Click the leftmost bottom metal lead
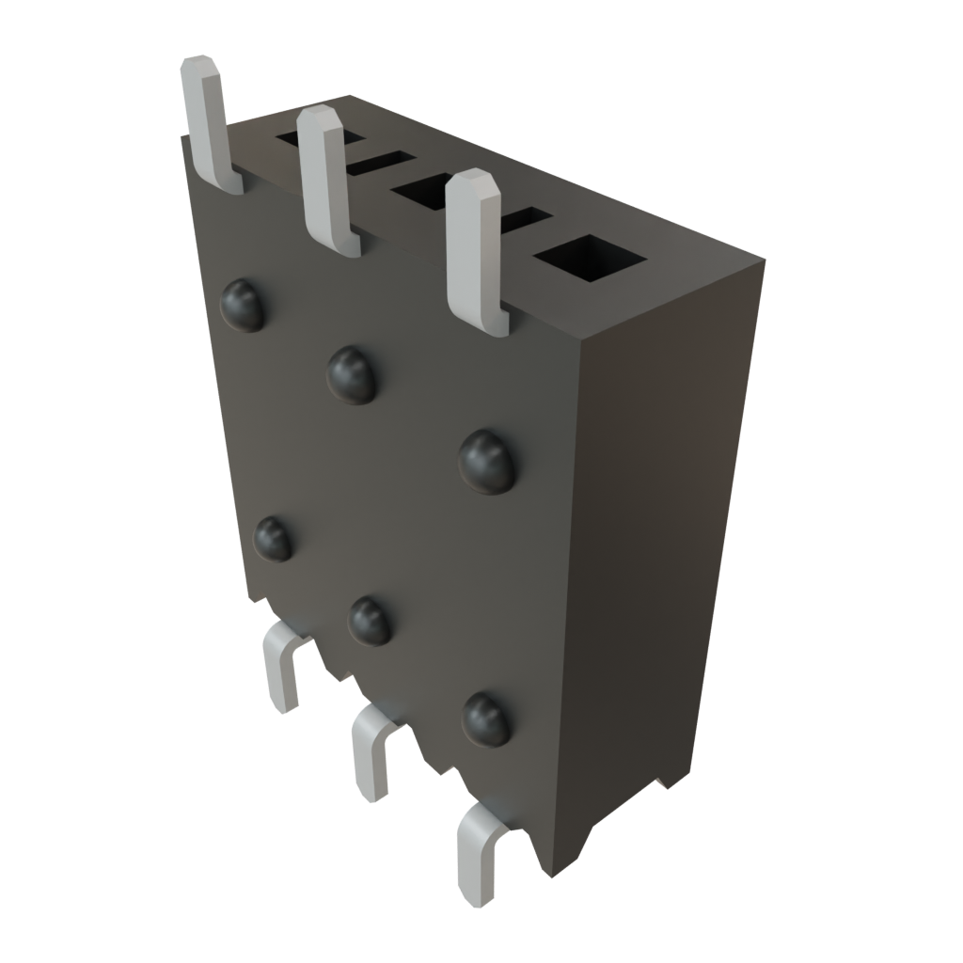tap(282, 668)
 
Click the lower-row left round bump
tap(274, 540)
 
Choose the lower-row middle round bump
tap(370, 621)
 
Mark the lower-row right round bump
tap(487, 719)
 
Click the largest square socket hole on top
tap(590, 257)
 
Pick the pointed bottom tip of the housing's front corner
tap(550, 875)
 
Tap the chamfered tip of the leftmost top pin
tap(199, 66)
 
